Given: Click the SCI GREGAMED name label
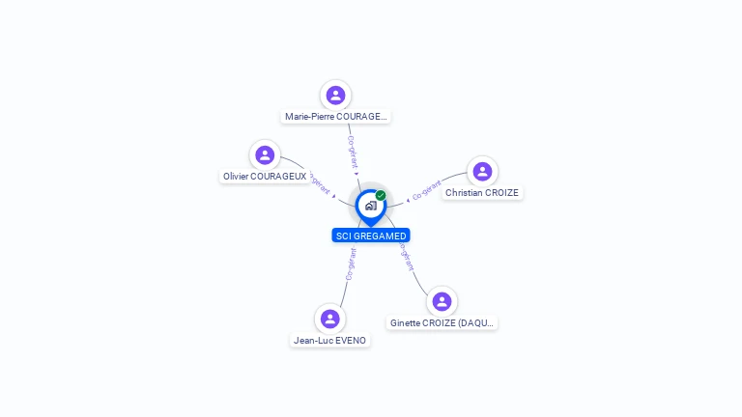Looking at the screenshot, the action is pyautogui.click(x=371, y=236).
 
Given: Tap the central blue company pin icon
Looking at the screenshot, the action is pyautogui.click(x=370, y=206).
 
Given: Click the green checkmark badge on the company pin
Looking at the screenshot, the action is pyautogui.click(x=381, y=195).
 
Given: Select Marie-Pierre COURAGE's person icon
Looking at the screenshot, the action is pyautogui.click(x=335, y=95).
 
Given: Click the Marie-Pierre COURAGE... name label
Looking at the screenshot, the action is pyautogui.click(x=336, y=117).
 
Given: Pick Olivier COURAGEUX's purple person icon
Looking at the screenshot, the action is pyautogui.click(x=265, y=154).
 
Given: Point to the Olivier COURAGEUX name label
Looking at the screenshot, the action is pyautogui.click(x=265, y=177).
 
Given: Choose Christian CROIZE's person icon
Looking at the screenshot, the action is pyautogui.click(x=482, y=171).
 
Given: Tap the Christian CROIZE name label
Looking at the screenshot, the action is pyautogui.click(x=482, y=193).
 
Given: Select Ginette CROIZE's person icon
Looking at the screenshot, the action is pyautogui.click(x=442, y=301).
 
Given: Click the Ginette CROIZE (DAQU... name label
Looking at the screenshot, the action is pyautogui.click(x=442, y=323).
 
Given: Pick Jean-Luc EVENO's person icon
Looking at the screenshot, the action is pyautogui.click(x=330, y=319).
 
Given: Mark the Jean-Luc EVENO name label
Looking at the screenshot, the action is pyautogui.click(x=330, y=341).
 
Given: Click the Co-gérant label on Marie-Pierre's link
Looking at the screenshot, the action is pyautogui.click(x=352, y=153).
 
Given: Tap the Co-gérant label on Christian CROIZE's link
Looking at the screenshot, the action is pyautogui.click(x=426, y=190).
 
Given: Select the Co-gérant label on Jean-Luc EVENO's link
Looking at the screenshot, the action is pyautogui.click(x=351, y=264).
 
